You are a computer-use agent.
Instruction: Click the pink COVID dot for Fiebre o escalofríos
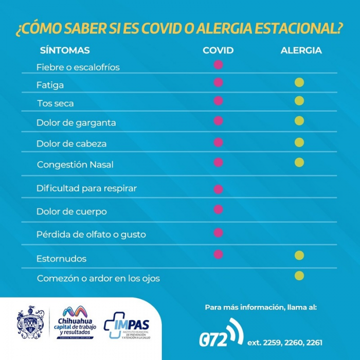tap(218, 65)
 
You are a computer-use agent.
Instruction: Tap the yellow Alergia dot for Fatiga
tap(299, 82)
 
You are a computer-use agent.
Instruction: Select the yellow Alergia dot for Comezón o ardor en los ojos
tap(299, 276)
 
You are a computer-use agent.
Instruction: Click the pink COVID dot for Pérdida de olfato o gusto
tap(218, 232)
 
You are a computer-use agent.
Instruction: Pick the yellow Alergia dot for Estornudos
tap(299, 255)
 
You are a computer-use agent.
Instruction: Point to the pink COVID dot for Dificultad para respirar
tap(218, 189)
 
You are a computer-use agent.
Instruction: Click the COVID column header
tap(218, 50)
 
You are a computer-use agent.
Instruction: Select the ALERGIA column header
tap(301, 50)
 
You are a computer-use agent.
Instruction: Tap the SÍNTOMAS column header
tap(65, 50)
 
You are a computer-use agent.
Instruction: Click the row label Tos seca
tap(55, 103)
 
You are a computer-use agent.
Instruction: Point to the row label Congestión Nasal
tap(75, 165)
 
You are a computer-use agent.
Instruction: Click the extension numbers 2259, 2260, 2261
tap(285, 342)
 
